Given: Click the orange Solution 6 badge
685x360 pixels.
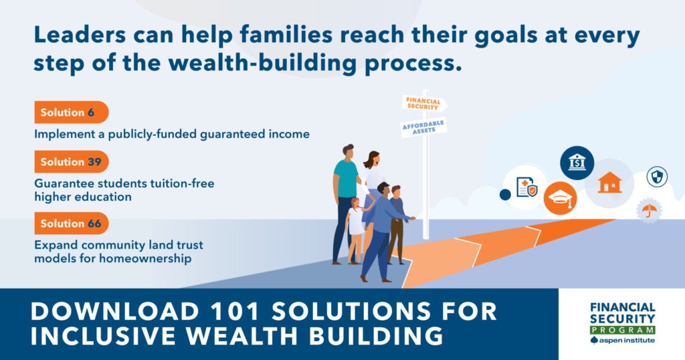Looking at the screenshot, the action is point(71,112).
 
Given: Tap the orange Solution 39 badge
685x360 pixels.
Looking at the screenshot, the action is point(71,162).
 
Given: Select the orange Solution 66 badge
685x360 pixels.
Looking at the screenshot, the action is point(71,223).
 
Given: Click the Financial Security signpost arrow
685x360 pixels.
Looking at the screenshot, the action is point(424,104).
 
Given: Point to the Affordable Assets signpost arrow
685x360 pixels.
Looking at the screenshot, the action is point(423,127).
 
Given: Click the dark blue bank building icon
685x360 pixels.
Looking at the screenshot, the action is point(577,163).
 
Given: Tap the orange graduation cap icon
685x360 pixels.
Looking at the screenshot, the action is point(560,198).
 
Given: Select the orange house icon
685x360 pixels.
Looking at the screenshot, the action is point(610,182).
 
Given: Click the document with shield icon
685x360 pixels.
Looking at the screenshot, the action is point(526,187).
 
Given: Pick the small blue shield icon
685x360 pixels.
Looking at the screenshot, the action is point(657,177).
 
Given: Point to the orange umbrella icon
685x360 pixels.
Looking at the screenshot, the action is point(649,211).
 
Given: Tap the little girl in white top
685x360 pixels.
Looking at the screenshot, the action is point(356,230).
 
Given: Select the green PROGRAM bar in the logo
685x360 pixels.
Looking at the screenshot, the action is point(623,330).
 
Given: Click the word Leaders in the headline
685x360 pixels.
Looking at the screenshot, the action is point(80,35).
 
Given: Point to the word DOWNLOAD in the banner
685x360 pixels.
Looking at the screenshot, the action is point(115,312).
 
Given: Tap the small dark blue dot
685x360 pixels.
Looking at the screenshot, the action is point(505,195).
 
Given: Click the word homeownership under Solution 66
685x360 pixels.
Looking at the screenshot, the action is point(145,258).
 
